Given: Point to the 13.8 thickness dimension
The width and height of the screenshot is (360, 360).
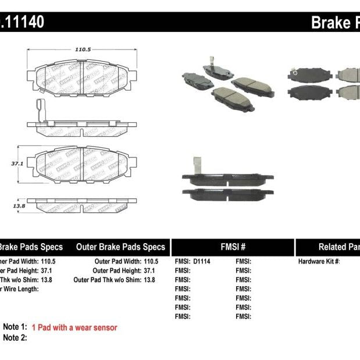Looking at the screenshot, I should point(20,205).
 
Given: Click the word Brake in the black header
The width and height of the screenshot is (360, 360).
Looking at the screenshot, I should point(329,23).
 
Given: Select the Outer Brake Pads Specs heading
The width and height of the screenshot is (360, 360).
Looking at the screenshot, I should point(120,247).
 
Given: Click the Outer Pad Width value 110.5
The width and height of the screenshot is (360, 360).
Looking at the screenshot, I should point(151,262).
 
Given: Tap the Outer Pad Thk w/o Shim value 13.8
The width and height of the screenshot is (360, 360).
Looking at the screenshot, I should point(151,280).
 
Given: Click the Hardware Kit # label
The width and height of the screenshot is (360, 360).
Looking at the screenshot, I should point(319,262).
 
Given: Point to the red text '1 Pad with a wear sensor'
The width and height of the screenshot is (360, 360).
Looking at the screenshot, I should point(74,327).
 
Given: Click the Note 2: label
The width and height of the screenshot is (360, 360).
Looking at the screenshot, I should point(15,337).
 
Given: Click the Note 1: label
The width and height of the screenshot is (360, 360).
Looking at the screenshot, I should point(15,327).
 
